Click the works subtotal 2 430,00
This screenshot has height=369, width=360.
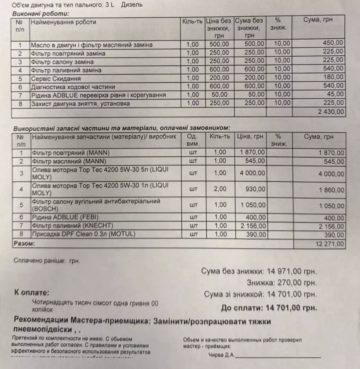(x=331, y=112)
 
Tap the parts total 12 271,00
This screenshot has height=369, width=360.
(x=330, y=244)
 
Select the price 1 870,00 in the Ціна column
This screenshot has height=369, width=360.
(x=252, y=152)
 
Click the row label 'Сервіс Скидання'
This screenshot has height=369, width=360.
(x=56, y=79)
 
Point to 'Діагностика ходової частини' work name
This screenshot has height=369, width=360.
(x=73, y=87)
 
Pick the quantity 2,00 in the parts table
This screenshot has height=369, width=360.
(x=221, y=189)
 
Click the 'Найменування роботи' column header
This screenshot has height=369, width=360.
(x=63, y=22)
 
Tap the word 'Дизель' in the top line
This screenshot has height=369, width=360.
(x=132, y=4)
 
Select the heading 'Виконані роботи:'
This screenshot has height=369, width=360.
(x=41, y=13)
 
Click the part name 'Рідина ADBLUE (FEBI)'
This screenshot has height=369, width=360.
(x=65, y=217)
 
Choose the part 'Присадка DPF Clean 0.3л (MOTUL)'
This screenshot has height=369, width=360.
(x=84, y=234)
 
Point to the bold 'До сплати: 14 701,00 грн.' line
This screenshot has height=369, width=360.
(x=269, y=308)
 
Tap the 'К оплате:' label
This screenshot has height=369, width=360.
(x=31, y=292)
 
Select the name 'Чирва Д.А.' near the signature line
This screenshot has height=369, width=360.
(x=221, y=355)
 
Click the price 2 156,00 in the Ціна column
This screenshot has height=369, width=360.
(x=253, y=226)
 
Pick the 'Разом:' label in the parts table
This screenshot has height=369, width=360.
(x=24, y=244)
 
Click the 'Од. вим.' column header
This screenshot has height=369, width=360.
(x=193, y=140)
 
